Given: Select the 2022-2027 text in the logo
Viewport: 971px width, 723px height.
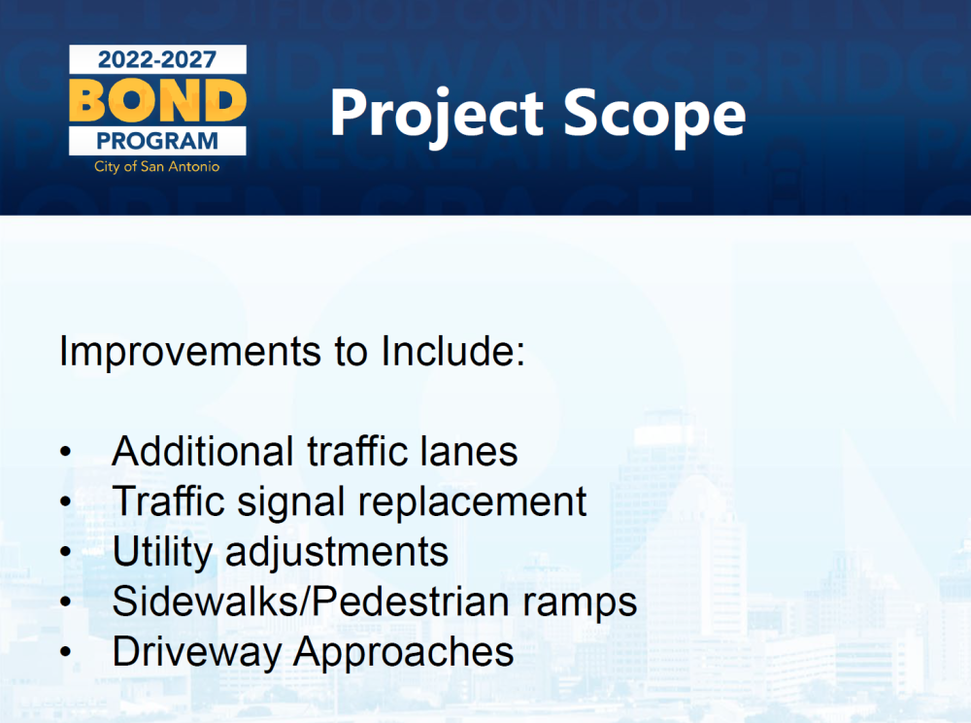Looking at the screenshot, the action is click(x=157, y=59).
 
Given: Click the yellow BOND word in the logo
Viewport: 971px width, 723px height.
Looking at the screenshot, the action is click(x=157, y=100).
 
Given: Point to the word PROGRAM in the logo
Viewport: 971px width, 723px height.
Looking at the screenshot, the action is click(x=157, y=141).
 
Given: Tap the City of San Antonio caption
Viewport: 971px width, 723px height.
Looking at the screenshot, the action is click(x=156, y=166).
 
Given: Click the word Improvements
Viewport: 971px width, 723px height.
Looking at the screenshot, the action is click(x=190, y=351).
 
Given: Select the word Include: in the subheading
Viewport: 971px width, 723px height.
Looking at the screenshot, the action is click(x=452, y=351).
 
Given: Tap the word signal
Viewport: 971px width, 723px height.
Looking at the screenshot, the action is click(x=290, y=501).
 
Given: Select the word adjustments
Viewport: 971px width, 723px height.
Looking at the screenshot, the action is click(x=337, y=551).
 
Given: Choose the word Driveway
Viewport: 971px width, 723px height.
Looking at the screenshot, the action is click(x=196, y=653).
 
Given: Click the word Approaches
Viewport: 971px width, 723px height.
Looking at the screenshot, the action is click(x=403, y=653).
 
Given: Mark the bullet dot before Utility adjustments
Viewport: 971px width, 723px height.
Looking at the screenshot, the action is click(x=66, y=551).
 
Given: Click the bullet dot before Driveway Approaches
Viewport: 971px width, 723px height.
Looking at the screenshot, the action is click(x=66, y=652).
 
